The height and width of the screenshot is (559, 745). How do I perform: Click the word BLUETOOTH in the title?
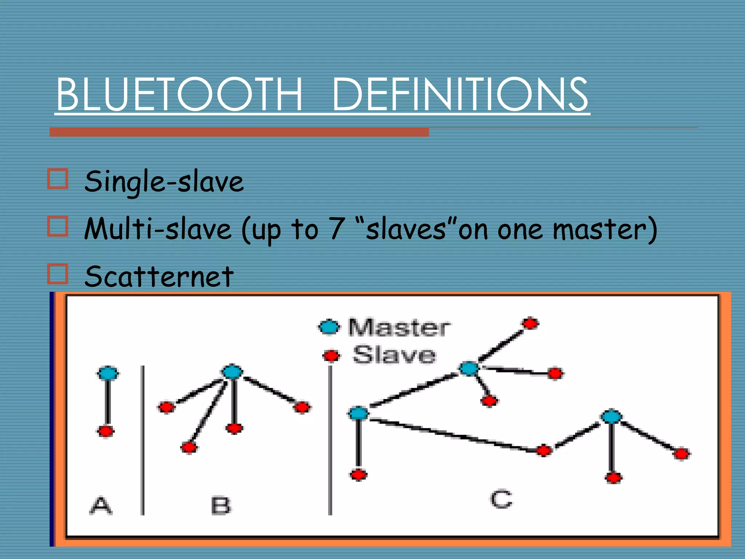tap(179, 94)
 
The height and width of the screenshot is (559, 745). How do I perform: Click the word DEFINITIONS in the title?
tap(460, 94)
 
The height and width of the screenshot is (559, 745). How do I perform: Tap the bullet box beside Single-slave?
tap(57, 179)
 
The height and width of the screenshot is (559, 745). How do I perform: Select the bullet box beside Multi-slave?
tap(57, 226)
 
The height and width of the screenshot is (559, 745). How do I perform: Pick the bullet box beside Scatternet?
tap(57, 274)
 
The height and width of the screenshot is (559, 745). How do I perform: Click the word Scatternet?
tap(159, 277)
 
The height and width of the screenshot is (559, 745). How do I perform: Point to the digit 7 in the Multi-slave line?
tap(336, 229)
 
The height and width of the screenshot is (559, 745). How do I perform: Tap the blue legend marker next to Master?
tap(330, 327)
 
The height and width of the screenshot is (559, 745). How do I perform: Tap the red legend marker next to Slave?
tap(331, 356)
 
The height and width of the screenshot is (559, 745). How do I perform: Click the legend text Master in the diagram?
tap(399, 327)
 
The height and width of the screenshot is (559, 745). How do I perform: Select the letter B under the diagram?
tap(221, 506)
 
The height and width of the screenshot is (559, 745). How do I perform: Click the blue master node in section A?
tap(108, 373)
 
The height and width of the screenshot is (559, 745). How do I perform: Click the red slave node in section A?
tap(106, 432)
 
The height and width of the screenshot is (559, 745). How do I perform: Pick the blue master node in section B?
tap(232, 372)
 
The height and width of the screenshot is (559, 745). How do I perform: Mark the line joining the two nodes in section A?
tap(107, 402)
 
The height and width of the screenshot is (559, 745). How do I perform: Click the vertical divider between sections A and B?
tap(143, 440)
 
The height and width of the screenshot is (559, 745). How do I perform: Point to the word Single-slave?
tap(164, 182)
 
